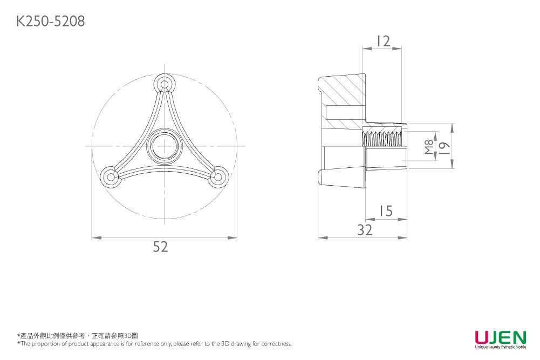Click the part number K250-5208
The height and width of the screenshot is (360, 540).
[x=51, y=21]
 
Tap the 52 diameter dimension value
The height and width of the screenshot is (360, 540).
[x=160, y=247]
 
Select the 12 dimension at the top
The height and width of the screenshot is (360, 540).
[x=384, y=41]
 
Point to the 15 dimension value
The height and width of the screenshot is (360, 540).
[x=386, y=211]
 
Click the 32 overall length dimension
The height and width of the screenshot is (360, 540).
[x=365, y=230]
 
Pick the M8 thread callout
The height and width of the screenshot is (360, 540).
[x=429, y=146]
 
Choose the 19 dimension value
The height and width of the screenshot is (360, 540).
[x=445, y=147]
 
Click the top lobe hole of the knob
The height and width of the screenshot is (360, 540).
[x=165, y=84]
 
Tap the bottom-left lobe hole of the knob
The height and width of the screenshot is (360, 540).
[x=111, y=177]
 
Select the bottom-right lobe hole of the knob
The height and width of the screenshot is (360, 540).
[x=218, y=177]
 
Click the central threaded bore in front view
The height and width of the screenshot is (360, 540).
[x=164, y=145]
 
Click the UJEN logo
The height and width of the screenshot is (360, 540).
[x=501, y=339]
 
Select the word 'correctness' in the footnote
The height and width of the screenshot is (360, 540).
[x=276, y=343]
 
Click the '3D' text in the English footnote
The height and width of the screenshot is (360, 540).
[x=225, y=343]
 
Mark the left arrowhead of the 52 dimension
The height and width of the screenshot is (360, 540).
[x=96, y=237]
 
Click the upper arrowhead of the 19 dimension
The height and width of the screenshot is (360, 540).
[x=452, y=128]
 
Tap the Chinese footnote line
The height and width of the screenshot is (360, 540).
[x=78, y=336]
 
